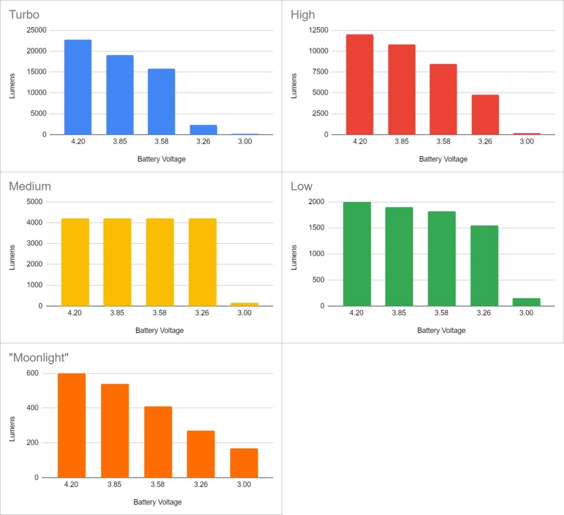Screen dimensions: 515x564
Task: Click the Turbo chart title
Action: point(24,15)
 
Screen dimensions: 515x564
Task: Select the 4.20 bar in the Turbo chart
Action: point(78,87)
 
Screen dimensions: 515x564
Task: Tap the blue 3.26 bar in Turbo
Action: point(203,130)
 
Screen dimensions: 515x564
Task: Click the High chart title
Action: point(303,15)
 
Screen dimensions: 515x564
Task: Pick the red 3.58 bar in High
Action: point(443,99)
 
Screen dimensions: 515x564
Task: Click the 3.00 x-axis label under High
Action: point(527,141)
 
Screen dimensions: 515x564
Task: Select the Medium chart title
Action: point(30,186)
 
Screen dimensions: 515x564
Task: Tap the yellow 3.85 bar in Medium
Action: point(117,262)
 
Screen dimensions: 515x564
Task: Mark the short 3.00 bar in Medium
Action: point(245,304)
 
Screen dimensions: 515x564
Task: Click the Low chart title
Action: point(301,186)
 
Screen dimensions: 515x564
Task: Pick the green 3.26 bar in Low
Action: point(484,265)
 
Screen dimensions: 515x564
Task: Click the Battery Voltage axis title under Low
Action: point(441,331)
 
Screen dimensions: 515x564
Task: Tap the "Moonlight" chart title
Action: point(39,358)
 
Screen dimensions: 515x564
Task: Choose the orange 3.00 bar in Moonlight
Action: point(244,463)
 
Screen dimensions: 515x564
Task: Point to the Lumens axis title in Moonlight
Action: point(13,429)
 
